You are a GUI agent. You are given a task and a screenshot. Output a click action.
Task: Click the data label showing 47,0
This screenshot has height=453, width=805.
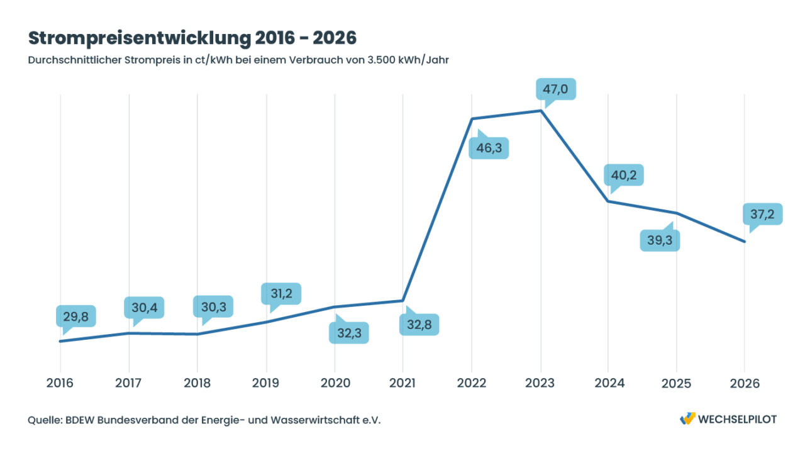(x=555, y=89)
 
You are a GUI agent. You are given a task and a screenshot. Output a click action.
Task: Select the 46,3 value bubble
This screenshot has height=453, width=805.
(x=489, y=149)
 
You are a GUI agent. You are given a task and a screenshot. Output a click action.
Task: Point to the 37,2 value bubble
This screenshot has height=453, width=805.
(x=762, y=215)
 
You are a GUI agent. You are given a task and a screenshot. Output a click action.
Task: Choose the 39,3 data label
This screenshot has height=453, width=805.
(x=660, y=240)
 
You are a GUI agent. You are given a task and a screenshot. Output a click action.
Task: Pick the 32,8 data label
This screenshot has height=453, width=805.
(x=419, y=325)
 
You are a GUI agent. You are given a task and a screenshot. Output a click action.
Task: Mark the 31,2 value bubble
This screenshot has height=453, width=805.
(x=281, y=293)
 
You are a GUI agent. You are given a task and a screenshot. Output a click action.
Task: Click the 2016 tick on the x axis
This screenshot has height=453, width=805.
(x=60, y=384)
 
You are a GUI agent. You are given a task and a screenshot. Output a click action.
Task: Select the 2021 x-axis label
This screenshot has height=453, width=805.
(x=402, y=384)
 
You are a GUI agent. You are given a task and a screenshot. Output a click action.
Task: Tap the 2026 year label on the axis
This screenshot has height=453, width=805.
(x=745, y=384)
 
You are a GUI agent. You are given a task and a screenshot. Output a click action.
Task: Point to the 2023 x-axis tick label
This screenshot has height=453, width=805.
(x=540, y=384)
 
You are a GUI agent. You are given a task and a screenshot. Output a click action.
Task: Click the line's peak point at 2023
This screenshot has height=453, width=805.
(x=540, y=111)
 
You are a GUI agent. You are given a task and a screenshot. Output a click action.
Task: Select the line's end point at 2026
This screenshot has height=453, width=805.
(x=745, y=242)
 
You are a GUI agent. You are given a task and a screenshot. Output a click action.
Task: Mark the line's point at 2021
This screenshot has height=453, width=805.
(x=402, y=301)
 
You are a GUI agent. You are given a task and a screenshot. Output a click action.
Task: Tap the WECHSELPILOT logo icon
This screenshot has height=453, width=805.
(x=687, y=419)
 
